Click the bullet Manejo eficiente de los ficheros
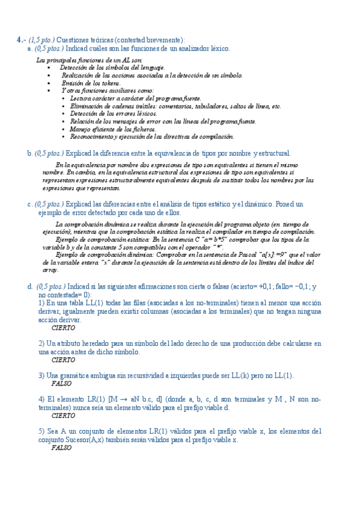click(112, 129)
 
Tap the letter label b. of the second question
click(29, 153)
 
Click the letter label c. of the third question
click(29, 204)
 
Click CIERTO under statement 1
click(64, 328)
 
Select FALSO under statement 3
click(62, 383)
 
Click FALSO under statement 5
click(62, 448)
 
